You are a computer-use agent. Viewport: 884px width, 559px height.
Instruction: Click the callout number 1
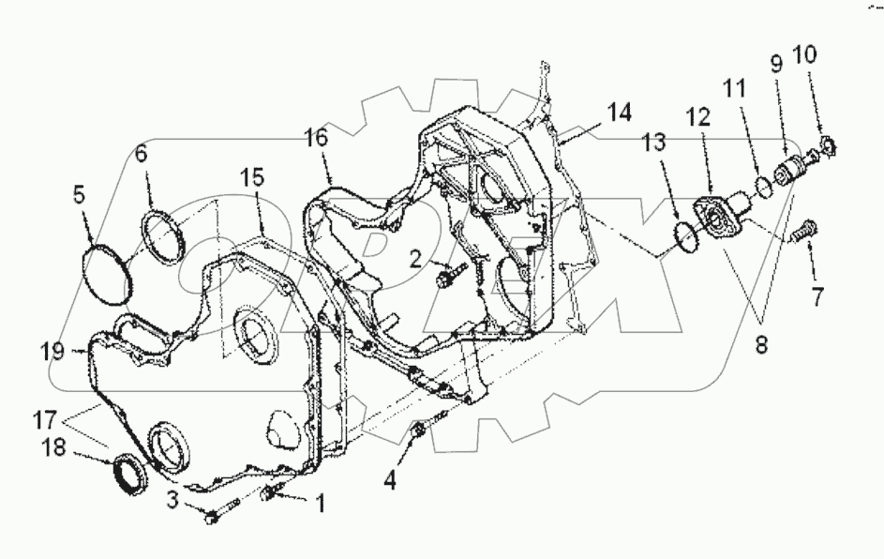point(319,504)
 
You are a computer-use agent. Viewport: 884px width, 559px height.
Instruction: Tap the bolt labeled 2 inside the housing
point(450,276)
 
